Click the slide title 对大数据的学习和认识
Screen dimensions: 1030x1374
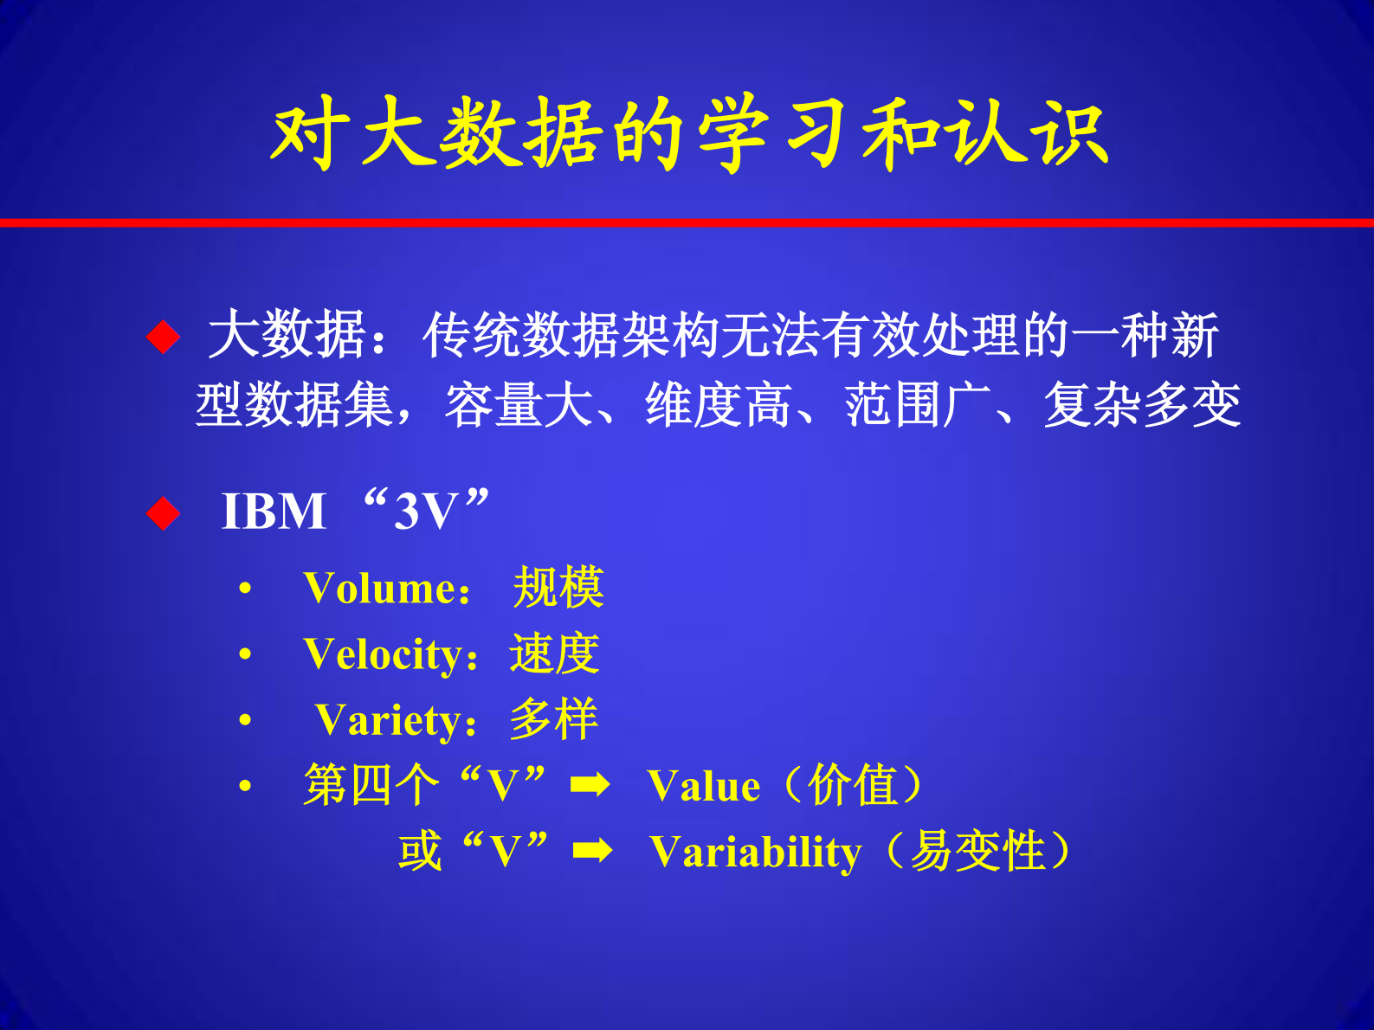coord(688,134)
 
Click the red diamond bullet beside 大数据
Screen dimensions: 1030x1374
coord(163,336)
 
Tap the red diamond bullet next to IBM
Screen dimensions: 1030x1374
coord(163,513)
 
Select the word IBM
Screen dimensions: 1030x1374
coord(274,511)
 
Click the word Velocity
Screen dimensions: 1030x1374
coord(384,654)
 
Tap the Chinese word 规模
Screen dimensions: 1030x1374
coord(558,588)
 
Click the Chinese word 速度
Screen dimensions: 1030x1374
coord(554,653)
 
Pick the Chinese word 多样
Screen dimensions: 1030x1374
coord(553,719)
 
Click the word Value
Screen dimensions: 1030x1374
coord(703,787)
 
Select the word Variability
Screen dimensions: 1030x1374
coord(755,853)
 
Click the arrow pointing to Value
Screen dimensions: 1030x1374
coord(590,785)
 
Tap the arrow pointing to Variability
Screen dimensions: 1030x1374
coord(593,851)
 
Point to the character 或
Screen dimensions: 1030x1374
coord(421,851)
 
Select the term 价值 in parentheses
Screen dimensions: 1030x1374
coord(853,785)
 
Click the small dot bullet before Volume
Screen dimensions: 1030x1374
coord(246,589)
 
